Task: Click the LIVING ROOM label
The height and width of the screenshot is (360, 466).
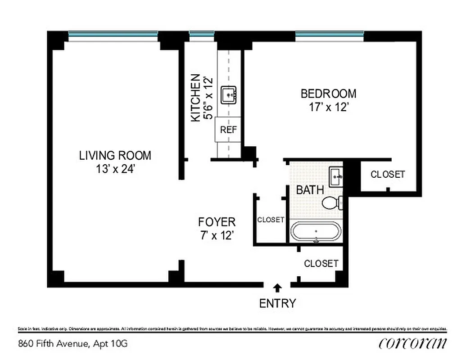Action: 115,156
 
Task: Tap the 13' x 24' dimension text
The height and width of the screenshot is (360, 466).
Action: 115,169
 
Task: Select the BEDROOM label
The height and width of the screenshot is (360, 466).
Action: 328,94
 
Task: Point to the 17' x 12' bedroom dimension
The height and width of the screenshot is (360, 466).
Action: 328,108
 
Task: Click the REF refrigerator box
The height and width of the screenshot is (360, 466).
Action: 228,130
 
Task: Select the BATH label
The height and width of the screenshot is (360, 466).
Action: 310,189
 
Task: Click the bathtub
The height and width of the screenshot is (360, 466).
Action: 316,232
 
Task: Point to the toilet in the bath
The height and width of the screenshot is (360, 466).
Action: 332,202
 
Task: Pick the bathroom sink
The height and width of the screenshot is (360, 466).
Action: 336,177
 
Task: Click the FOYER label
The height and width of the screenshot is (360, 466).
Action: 217,222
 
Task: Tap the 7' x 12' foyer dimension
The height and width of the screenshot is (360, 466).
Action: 217,235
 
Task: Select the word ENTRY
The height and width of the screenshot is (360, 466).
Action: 278,303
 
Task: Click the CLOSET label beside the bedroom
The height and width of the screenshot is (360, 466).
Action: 388,174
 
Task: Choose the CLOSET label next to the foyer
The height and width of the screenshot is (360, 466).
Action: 271,220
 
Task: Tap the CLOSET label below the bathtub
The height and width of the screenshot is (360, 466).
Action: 321,263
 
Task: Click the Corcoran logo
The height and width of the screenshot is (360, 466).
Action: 413,343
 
